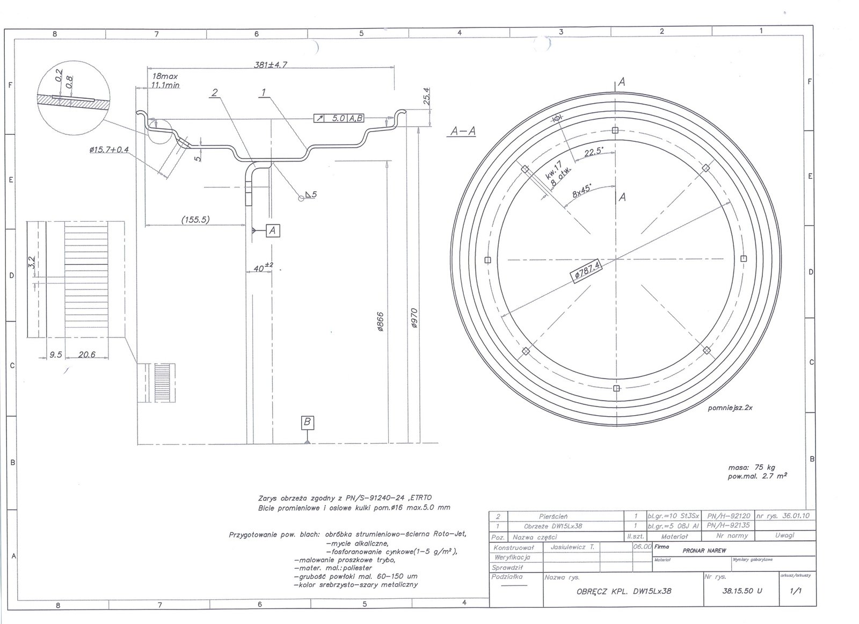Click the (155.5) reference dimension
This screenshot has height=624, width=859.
[195, 219]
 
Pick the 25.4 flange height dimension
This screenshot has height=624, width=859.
[427, 96]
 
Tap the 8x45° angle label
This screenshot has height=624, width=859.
[581, 191]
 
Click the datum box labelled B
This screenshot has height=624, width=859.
[307, 422]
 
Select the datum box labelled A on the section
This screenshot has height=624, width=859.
[272, 230]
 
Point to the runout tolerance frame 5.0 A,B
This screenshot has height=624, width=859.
[339, 118]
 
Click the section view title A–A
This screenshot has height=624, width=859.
[463, 131]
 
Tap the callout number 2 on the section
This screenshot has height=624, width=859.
[215, 93]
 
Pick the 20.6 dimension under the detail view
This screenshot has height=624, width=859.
[86, 354]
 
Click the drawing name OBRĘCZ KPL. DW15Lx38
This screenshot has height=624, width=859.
[623, 591]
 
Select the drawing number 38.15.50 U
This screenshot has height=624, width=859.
[742, 591]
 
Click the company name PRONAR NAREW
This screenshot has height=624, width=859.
[704, 550]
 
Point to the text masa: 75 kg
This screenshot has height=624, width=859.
[752, 467]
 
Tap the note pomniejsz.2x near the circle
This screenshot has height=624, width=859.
[730, 408]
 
